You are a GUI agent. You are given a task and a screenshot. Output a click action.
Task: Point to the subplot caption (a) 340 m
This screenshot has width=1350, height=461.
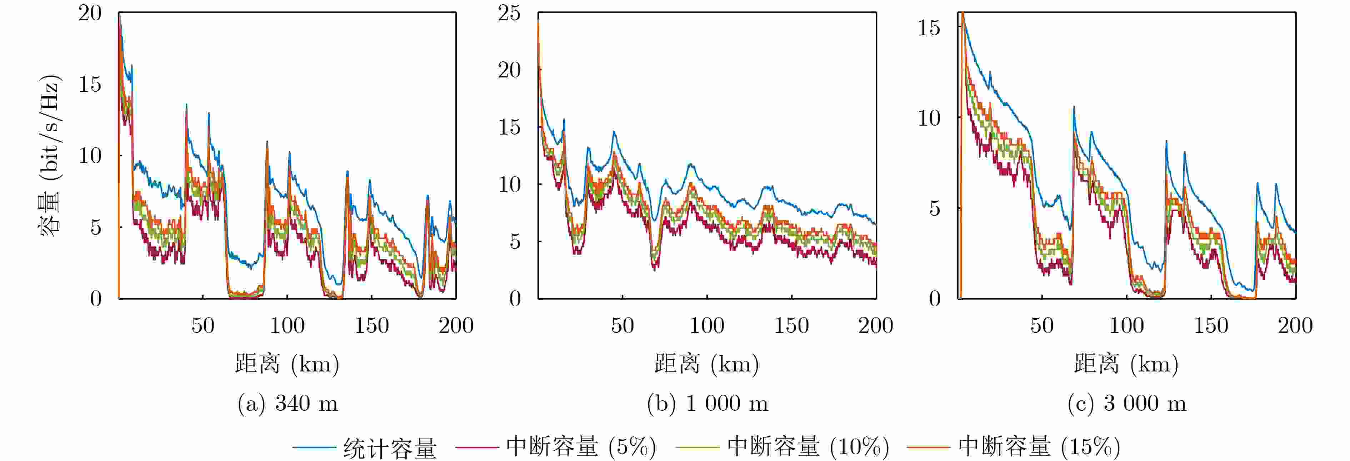pyautogui.click(x=288, y=403)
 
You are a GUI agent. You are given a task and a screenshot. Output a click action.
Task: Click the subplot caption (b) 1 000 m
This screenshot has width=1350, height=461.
pyautogui.click(x=707, y=403)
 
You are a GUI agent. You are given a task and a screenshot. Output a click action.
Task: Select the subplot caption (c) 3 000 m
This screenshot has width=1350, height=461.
pyautogui.click(x=1127, y=403)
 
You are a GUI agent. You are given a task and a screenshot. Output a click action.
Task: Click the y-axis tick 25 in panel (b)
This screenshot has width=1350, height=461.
pyautogui.click(x=509, y=13)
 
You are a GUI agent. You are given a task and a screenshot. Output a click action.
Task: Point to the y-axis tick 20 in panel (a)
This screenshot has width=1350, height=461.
pyautogui.click(x=90, y=13)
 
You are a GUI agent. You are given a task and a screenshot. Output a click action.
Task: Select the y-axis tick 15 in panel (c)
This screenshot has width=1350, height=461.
pyautogui.click(x=929, y=28)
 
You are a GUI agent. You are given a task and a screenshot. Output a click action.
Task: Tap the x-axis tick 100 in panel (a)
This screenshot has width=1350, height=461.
pyautogui.click(x=287, y=326)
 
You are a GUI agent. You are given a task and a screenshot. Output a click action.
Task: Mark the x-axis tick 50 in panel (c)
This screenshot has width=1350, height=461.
pyautogui.click(x=1042, y=326)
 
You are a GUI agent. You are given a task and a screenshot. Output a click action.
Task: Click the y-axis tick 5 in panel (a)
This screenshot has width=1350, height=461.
pyautogui.click(x=95, y=227)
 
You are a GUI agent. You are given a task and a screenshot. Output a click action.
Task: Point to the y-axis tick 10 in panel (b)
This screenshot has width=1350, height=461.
pyautogui.click(x=509, y=184)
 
